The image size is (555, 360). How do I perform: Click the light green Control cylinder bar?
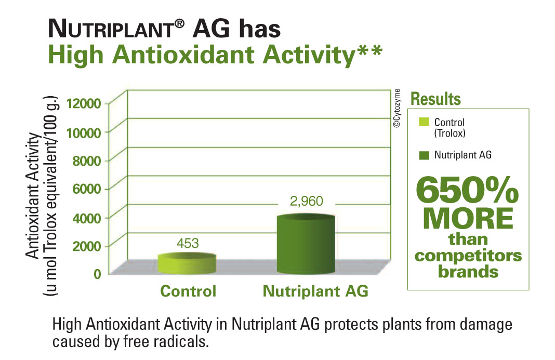[187, 263]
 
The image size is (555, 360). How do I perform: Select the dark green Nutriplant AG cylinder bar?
[306, 244]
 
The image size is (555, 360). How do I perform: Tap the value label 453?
[188, 243]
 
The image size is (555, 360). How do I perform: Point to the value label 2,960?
[306, 201]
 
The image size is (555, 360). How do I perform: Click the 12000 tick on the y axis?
[84, 104]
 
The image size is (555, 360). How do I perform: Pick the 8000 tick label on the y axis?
[87, 161]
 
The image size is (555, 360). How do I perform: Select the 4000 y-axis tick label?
[87, 218]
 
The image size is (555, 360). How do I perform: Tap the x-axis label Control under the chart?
[188, 291]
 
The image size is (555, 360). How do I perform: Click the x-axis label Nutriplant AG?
[315, 291]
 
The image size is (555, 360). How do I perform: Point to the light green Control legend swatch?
[424, 122]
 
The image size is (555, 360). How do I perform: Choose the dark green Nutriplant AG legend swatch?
[424, 155]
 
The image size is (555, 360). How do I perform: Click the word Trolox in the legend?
[450, 134]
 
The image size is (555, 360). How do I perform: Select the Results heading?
[435, 99]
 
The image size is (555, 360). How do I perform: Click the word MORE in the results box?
[468, 218]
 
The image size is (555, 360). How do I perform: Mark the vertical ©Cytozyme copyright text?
[397, 108]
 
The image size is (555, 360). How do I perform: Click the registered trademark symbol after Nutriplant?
[179, 24]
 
